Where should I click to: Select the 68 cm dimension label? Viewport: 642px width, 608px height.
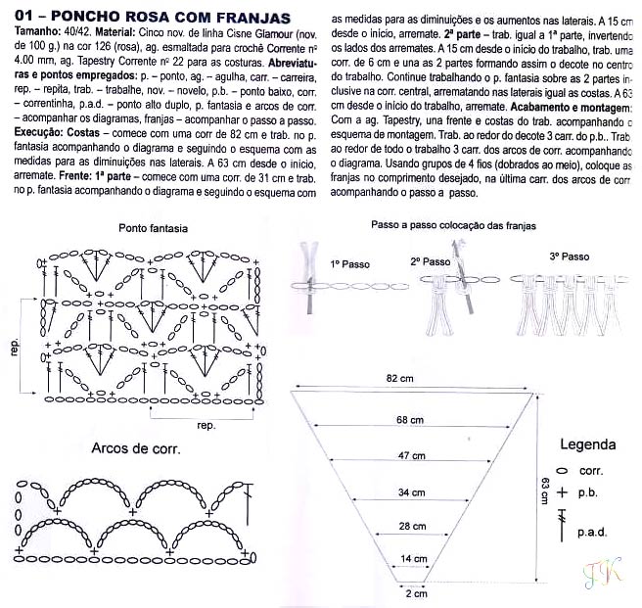[410, 420]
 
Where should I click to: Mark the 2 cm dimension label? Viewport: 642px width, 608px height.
[417, 593]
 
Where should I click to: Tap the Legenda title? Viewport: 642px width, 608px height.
[587, 444]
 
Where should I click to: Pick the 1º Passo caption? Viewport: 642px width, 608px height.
[348, 264]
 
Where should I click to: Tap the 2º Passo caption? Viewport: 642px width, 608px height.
[430, 261]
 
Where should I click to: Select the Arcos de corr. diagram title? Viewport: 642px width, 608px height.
[134, 448]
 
